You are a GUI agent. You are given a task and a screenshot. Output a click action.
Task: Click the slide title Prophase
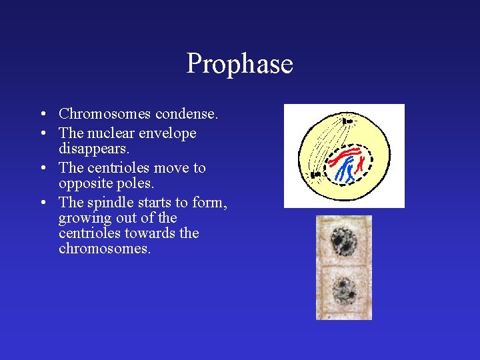(239, 64)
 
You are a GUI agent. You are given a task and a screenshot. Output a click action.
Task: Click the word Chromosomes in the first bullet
(100, 114)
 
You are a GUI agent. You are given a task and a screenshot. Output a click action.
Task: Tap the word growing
(83, 218)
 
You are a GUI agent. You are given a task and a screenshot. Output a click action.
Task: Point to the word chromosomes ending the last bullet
(104, 249)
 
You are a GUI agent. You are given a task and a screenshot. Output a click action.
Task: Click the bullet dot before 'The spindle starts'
(42, 203)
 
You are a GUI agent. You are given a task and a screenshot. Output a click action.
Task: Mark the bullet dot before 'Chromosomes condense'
(42, 114)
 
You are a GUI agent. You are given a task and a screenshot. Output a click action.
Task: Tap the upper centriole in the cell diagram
(347, 121)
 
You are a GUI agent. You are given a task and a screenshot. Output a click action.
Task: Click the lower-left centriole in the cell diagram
(316, 175)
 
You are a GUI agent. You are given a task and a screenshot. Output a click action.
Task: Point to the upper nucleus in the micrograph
(344, 241)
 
